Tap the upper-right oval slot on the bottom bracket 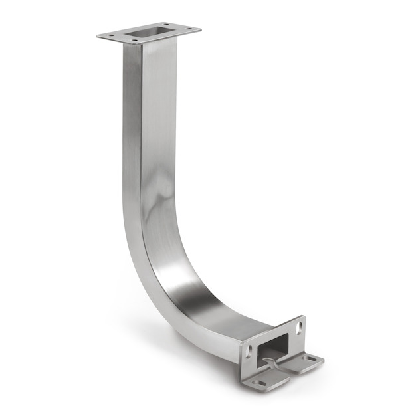(298, 327)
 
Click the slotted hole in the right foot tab (310, 359)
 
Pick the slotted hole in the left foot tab (261, 383)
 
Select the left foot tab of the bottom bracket (266, 381)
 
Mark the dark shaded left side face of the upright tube (131, 133)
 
